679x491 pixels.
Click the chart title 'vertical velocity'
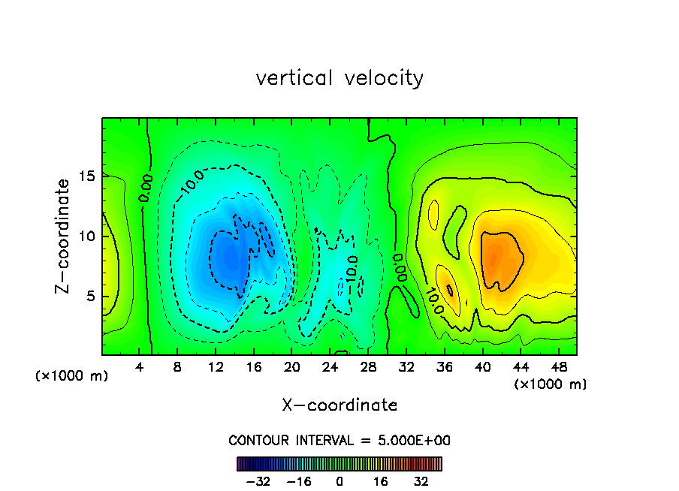pos(339,77)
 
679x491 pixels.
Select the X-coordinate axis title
pos(339,405)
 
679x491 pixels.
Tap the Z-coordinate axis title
pos(64,236)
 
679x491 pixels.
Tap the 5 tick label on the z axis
pos(90,296)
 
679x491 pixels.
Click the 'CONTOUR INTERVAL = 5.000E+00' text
pos(339,441)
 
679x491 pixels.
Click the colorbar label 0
pos(339,481)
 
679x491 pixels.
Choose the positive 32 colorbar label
pos(421,481)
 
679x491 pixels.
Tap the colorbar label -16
pos(299,481)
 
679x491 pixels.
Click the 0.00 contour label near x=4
pos(146,188)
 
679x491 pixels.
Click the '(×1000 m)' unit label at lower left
pos(72,376)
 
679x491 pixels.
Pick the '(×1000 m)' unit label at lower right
pos(551,384)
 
